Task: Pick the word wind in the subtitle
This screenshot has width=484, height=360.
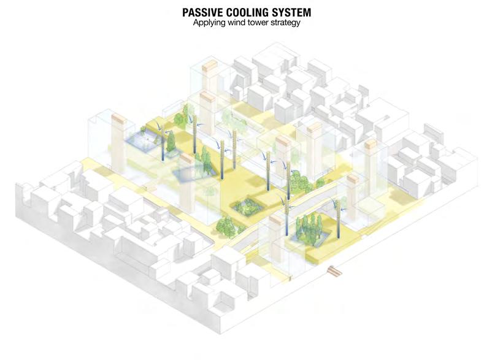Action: [236, 23]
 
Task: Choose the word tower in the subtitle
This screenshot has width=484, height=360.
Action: [256, 23]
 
